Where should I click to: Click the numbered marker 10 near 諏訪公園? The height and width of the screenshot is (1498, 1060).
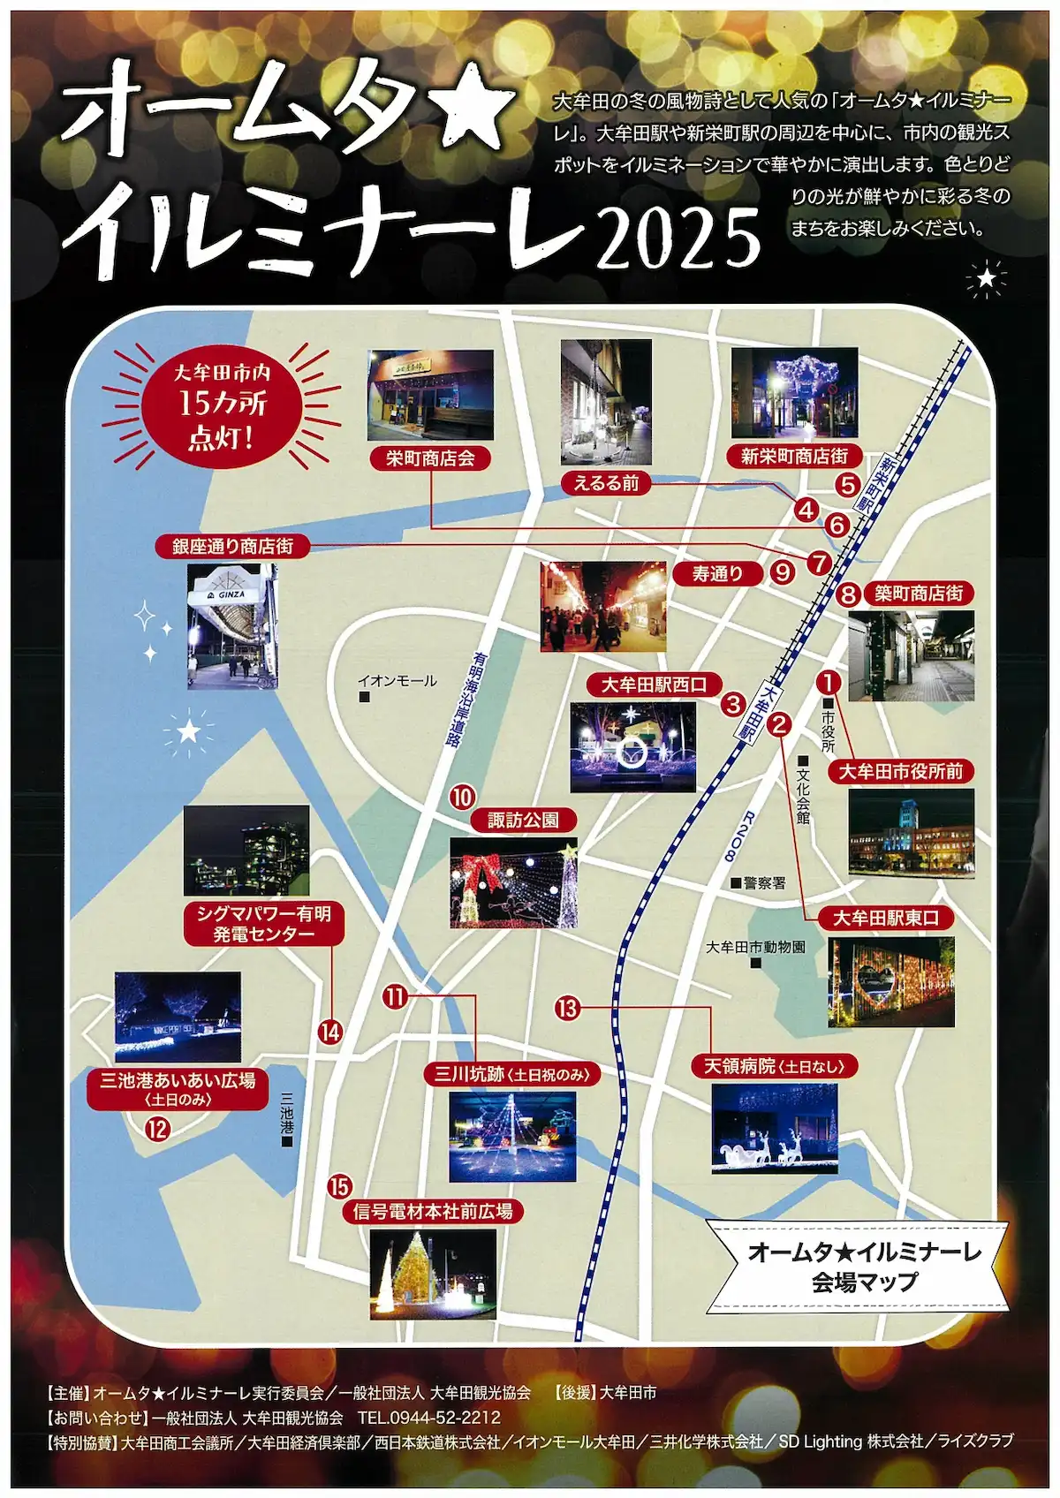pos(463,797)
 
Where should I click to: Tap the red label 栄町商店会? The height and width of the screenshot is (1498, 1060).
pos(430,458)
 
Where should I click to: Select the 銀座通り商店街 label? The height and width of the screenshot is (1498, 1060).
pos(233,546)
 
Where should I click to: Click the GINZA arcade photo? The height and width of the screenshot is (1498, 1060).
pos(232,626)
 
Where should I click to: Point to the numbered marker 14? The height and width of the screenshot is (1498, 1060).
pos(330,1032)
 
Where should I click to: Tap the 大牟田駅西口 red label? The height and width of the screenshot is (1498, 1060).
pos(655,685)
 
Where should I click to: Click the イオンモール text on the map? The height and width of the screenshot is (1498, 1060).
pos(397,681)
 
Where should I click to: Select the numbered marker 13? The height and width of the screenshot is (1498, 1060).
pos(567,1007)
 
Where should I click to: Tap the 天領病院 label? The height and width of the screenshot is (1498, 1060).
pos(774,1066)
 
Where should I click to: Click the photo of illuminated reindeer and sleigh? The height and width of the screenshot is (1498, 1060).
pos(774,1129)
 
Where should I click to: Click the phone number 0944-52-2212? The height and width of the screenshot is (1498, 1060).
pos(429,1418)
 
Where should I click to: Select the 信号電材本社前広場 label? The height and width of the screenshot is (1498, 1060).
pos(433,1211)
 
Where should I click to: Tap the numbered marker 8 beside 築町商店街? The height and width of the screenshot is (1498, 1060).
pos(848,594)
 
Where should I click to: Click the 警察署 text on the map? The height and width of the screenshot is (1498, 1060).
pos(763,882)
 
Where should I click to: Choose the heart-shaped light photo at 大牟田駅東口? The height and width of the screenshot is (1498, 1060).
pos(891,982)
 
